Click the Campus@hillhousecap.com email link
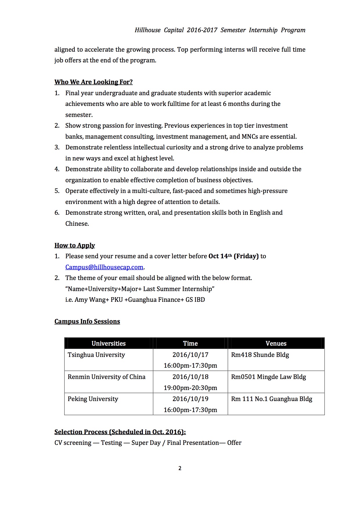tap(104, 267)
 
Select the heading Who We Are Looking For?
tap(93, 82)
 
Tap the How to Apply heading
tap(75, 246)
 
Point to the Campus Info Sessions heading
tap(87, 322)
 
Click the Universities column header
tap(109, 344)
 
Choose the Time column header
tap(190, 344)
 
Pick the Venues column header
tap(276, 344)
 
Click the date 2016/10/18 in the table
tap(190, 377)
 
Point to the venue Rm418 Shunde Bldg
tap(260, 355)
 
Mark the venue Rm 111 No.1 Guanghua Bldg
tap(271, 399)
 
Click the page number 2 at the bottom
tap(180, 468)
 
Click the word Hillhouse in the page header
tap(147, 30)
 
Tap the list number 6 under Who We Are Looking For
tap(57, 213)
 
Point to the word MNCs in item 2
tap(250, 137)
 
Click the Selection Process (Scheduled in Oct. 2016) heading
tap(120, 432)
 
